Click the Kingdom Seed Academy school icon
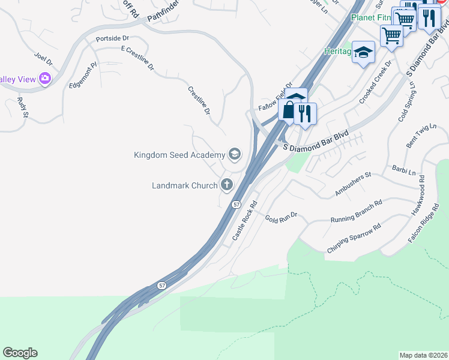coord(234,155)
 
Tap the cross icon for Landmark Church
coord(227,185)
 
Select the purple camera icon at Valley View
coord(44,79)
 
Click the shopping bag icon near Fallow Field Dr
coord(289,110)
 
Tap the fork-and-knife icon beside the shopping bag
coord(305,113)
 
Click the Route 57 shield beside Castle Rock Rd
coord(237,205)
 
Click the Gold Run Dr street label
coord(282,215)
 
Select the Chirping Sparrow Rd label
coord(354,239)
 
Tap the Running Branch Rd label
coord(356,212)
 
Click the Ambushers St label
coord(354,184)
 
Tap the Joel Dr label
coord(44,59)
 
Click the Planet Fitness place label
coord(369,18)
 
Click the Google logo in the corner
coord(20,353)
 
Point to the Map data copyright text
coord(423,355)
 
